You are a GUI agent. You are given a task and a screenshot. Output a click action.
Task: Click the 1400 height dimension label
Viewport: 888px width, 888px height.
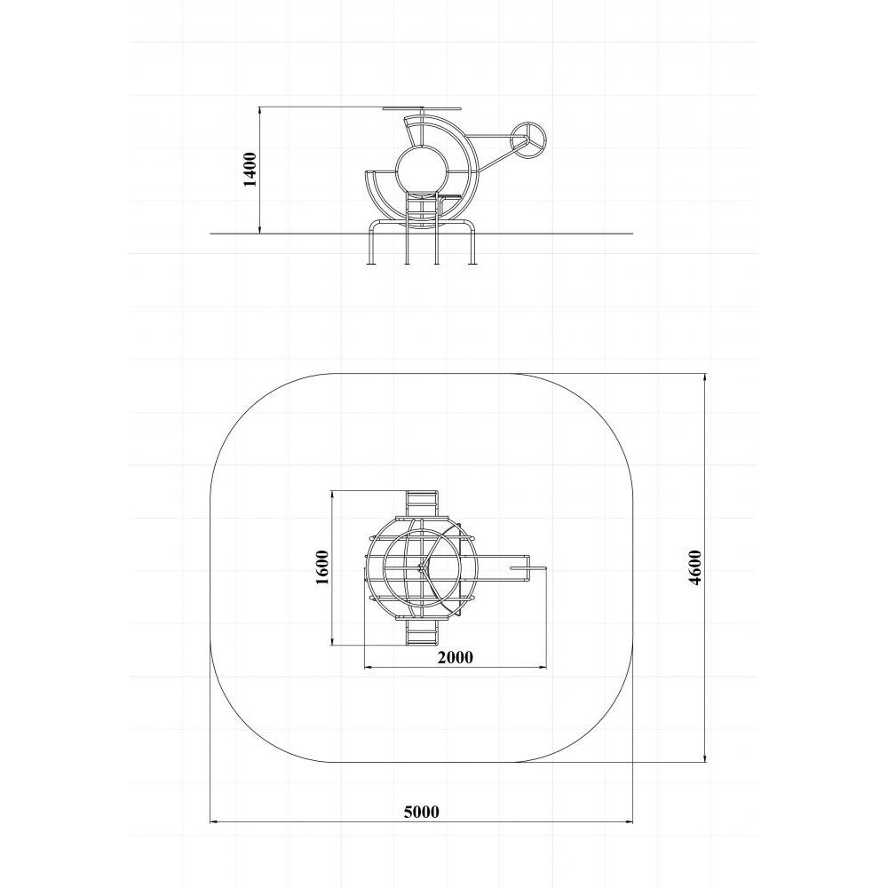pos(250,169)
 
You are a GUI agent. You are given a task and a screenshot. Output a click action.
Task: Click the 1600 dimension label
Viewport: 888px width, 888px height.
pos(321,567)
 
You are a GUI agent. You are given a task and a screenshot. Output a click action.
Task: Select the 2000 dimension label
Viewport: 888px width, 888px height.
pos(455,657)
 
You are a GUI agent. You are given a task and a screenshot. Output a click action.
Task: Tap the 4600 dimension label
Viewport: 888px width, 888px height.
pos(695,567)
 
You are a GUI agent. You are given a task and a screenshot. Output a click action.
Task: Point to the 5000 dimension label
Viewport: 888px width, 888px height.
pos(421,812)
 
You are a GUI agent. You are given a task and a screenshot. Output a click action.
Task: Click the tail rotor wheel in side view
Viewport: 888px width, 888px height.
pos(529,137)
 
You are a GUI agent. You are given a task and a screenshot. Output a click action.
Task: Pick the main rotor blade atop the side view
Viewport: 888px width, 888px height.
pos(423,107)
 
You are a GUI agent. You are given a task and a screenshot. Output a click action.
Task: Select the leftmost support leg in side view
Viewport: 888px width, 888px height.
pos(371,242)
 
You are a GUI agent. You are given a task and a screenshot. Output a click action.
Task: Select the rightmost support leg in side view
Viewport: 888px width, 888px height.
pos(471,242)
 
